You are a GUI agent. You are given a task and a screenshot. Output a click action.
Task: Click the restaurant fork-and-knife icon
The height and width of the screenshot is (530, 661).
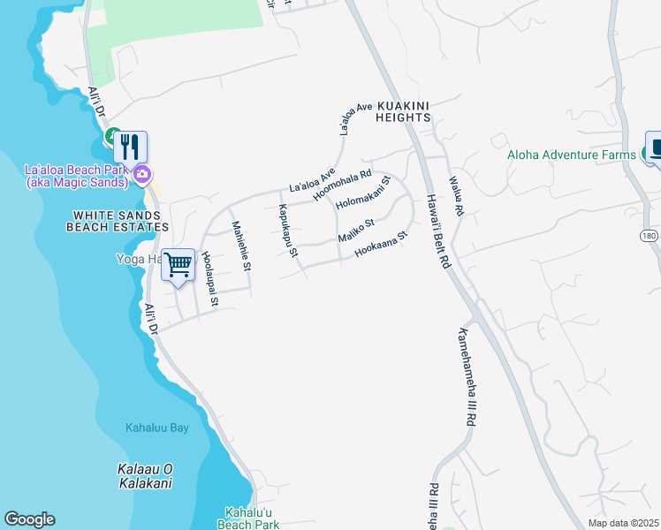[130, 147]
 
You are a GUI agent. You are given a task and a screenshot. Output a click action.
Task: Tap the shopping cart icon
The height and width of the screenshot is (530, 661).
[179, 264]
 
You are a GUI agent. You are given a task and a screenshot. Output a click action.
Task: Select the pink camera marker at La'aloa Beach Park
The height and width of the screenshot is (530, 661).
[141, 176]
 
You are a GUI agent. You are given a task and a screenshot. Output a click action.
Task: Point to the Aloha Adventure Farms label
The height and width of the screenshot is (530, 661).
[571, 155]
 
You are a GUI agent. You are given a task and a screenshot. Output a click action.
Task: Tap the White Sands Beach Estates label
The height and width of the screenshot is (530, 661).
[117, 221]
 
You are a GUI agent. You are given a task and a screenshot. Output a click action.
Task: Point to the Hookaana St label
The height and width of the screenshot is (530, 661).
[380, 246]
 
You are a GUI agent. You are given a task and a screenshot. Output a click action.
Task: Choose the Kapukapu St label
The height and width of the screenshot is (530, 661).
[288, 232]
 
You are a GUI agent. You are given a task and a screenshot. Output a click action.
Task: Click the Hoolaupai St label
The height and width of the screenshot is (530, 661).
[209, 277]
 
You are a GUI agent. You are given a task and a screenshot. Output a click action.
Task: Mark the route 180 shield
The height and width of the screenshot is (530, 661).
[650, 236]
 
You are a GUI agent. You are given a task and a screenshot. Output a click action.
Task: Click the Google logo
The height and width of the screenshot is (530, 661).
[29, 519]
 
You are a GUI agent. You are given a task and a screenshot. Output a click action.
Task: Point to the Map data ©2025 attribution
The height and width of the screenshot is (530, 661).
[623, 523]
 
